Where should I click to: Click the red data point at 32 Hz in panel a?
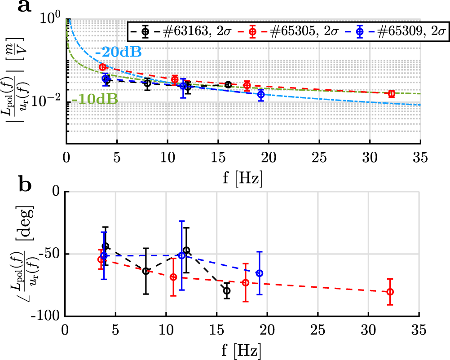[392, 93]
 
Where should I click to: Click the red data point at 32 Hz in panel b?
[390, 291]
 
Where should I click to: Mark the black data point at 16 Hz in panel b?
[227, 290]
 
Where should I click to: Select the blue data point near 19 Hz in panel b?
[259, 273]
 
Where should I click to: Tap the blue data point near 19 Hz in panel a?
[261, 94]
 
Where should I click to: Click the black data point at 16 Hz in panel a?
[228, 84]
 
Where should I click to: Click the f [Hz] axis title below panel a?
[243, 176]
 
